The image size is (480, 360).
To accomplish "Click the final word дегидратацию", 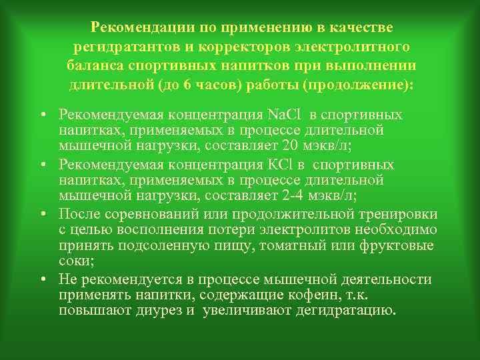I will coord(347,311).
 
